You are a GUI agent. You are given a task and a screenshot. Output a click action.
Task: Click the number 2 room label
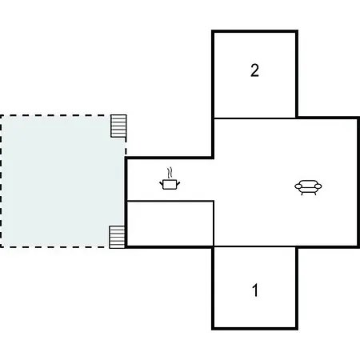click(254, 70)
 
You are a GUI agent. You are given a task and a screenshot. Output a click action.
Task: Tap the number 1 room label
click(255, 290)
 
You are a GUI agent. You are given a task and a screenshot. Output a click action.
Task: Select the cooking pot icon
click(170, 179)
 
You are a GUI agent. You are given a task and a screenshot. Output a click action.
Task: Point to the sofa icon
click(308, 187)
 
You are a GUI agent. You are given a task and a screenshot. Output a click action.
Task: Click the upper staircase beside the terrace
click(118, 126)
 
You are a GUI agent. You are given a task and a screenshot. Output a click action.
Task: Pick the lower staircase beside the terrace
click(117, 237)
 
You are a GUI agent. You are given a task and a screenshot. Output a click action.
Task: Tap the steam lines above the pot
click(170, 173)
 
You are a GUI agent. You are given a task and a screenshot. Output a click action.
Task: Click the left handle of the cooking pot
click(162, 183)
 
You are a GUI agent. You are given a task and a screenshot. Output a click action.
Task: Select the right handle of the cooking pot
click(178, 183)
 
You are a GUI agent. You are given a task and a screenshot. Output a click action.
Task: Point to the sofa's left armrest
click(298, 186)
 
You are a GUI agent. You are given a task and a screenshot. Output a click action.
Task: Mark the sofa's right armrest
click(318, 186)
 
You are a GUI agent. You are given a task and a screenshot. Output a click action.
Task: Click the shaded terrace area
click(63, 182)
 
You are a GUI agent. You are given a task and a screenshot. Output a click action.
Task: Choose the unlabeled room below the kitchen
click(170, 223)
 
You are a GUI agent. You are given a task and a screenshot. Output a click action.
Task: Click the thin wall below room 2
click(254, 118)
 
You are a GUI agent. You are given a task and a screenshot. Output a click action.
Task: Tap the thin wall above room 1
click(254, 246)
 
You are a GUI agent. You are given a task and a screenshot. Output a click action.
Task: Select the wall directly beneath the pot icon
click(170, 201)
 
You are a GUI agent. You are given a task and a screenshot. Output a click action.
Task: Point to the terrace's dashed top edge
click(56, 116)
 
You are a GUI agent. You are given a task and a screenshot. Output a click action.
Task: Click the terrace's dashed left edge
click(1, 182)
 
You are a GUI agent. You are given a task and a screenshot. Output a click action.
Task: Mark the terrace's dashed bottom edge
click(54, 247)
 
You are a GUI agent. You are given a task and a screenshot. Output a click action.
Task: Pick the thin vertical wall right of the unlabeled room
click(214, 223)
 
